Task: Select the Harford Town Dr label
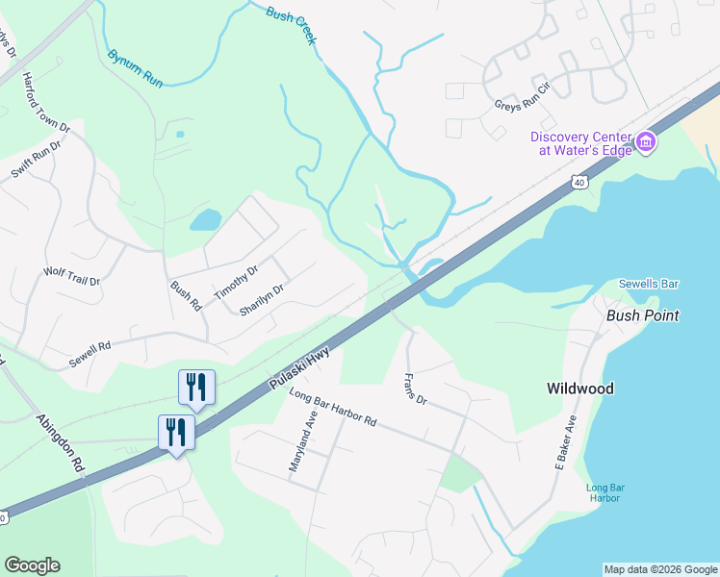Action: pyautogui.click(x=47, y=102)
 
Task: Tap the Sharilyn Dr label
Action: pyautogui.click(x=261, y=301)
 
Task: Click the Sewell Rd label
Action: pyautogui.click(x=90, y=355)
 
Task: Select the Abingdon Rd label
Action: pyautogui.click(x=61, y=441)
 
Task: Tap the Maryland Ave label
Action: pyautogui.click(x=303, y=440)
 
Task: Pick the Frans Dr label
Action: pyautogui.click(x=415, y=388)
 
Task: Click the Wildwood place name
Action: pyautogui.click(x=579, y=389)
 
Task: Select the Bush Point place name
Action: pyautogui.click(x=642, y=315)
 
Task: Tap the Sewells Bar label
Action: pyautogui.click(x=649, y=284)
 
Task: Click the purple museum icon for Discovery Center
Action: pyautogui.click(x=646, y=144)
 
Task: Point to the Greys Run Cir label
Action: pyautogui.click(x=521, y=106)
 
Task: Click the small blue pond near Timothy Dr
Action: pyautogui.click(x=205, y=221)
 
